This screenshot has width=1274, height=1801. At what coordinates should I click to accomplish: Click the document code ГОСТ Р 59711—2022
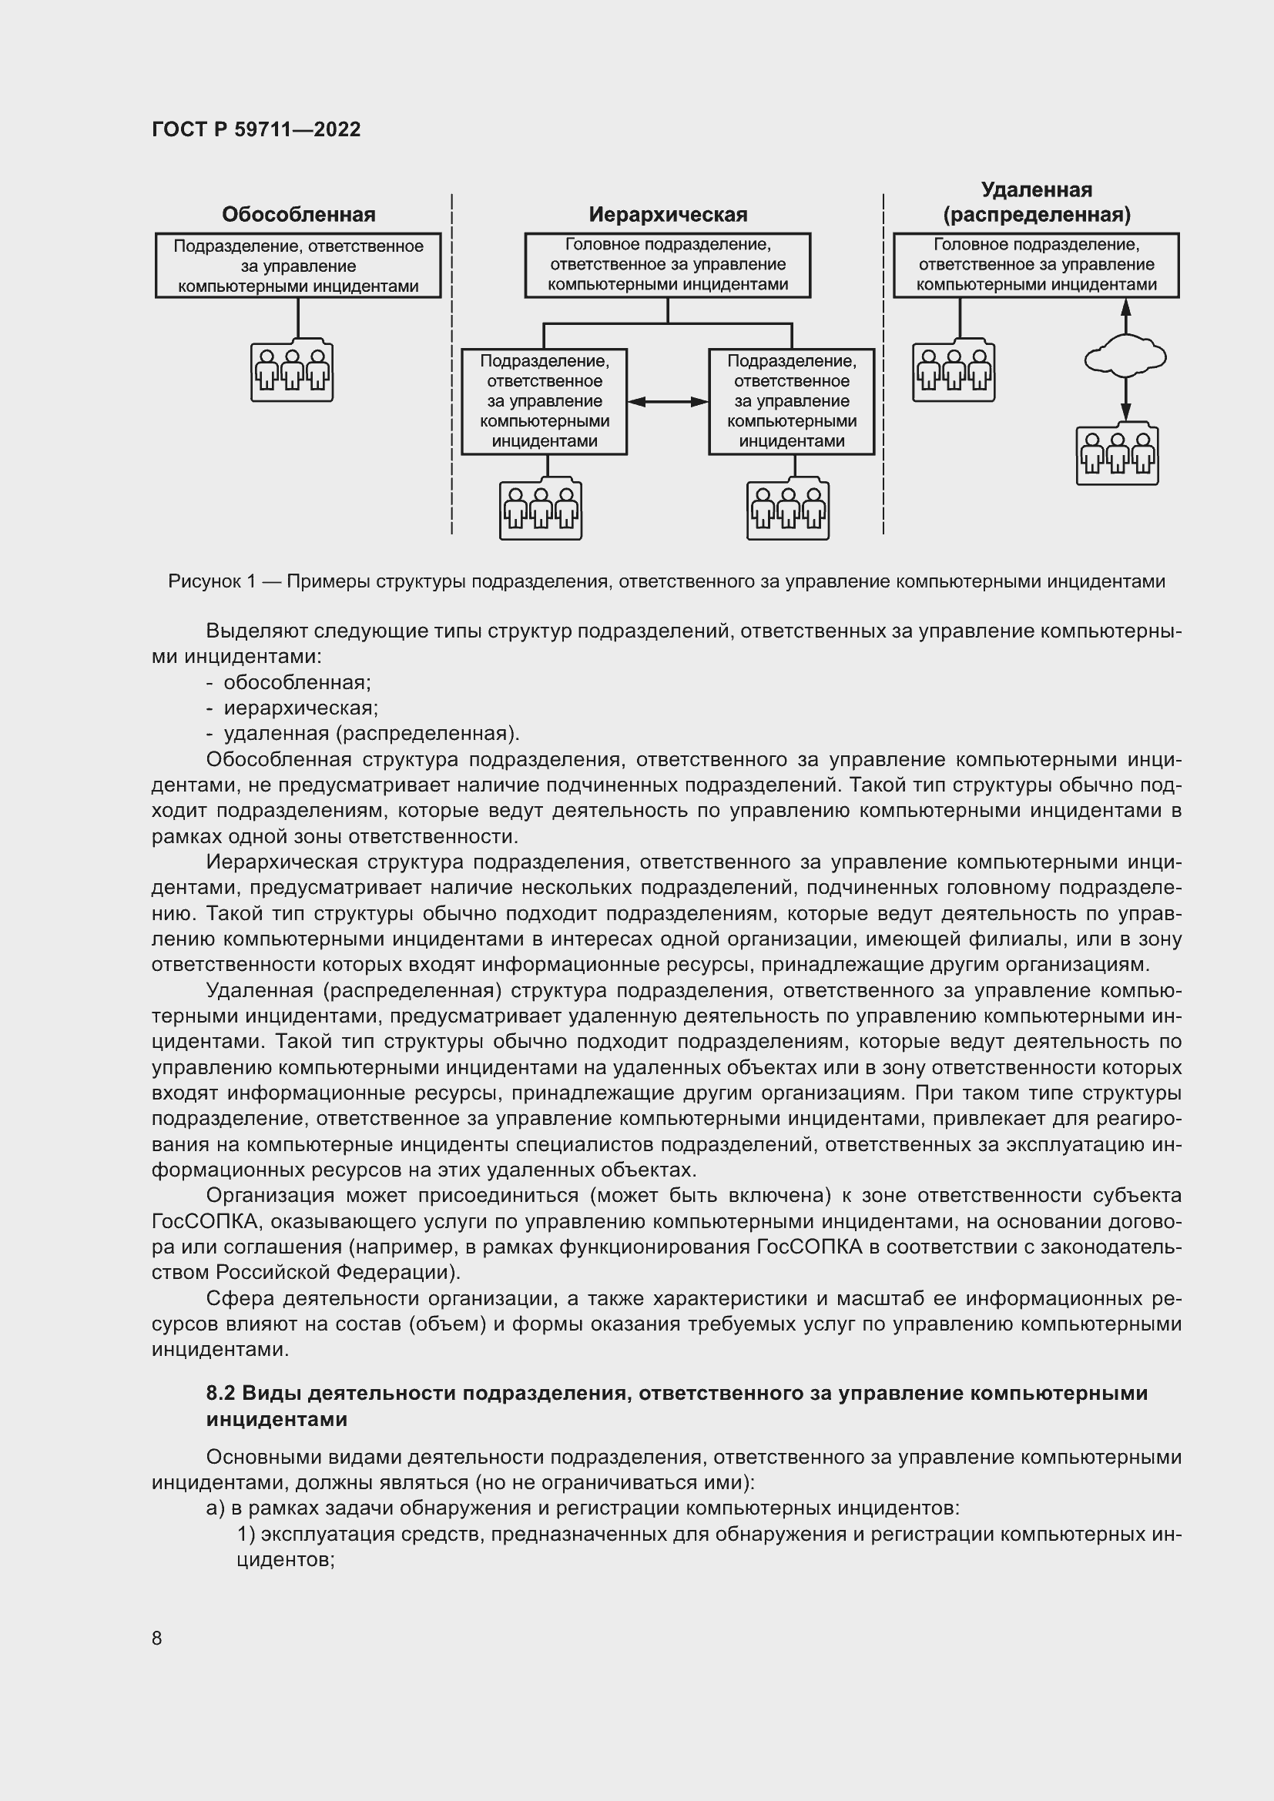tap(256, 129)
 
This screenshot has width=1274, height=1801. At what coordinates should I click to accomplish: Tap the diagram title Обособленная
tap(298, 214)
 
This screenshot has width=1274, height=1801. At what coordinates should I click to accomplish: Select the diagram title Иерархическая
tap(668, 214)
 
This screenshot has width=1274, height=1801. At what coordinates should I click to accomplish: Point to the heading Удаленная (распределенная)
tap(1036, 202)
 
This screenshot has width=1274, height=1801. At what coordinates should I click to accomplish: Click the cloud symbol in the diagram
tap(1125, 358)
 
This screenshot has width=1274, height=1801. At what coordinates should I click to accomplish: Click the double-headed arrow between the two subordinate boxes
tap(668, 402)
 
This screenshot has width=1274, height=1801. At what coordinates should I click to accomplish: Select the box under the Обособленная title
tap(298, 266)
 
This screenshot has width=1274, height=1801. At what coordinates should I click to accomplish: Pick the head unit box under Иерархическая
tap(668, 265)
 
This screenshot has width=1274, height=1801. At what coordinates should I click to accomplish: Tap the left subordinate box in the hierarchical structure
tap(544, 402)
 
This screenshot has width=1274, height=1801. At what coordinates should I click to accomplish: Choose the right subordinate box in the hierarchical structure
tap(791, 402)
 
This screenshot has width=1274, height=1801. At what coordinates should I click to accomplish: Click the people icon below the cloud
tap(1117, 456)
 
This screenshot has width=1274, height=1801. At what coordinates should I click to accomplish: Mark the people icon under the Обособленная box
tap(292, 370)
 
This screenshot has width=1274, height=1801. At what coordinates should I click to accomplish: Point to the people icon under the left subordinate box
tap(541, 509)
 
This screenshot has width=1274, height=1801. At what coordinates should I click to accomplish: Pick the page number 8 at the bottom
tap(157, 1638)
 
